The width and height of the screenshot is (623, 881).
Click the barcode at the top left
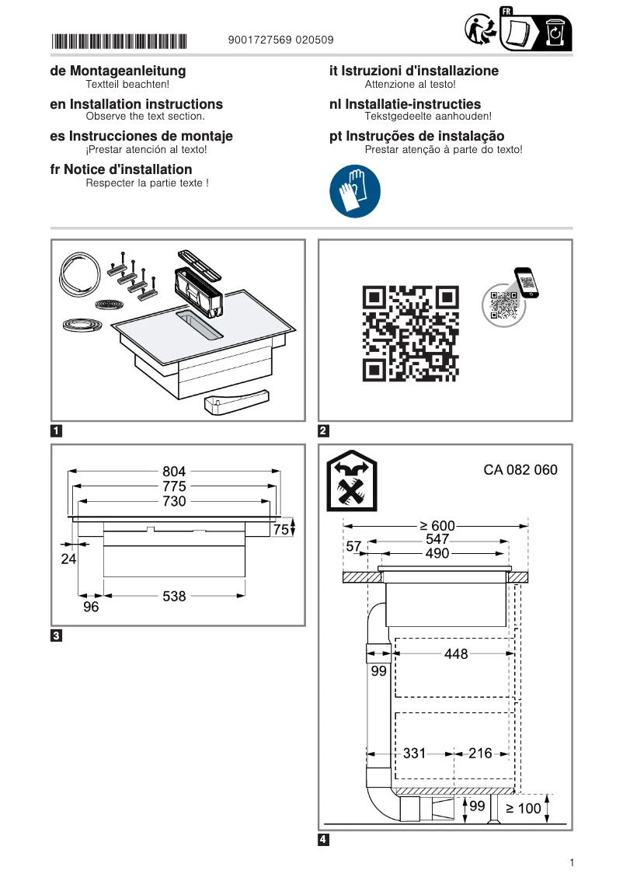[x=119, y=40]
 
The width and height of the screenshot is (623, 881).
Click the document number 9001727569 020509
[x=282, y=40]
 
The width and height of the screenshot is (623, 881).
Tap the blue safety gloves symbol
[x=355, y=191]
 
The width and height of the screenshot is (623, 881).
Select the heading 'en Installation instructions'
[x=136, y=104]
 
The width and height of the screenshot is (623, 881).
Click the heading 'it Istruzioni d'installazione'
[x=414, y=71]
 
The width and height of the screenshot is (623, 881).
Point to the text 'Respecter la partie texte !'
[x=147, y=183]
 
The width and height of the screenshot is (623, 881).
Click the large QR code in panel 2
[x=410, y=333]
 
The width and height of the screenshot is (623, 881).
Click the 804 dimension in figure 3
[x=174, y=471]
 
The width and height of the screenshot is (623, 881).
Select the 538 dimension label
[x=174, y=596]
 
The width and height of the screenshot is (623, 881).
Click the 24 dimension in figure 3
[x=68, y=558]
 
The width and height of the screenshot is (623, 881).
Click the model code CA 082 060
[x=520, y=470]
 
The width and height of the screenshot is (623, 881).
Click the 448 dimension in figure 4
[x=456, y=654]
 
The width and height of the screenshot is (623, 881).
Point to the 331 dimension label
[x=414, y=753]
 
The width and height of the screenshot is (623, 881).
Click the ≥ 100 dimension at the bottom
[x=524, y=808]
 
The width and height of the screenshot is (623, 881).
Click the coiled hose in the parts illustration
[x=78, y=277]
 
